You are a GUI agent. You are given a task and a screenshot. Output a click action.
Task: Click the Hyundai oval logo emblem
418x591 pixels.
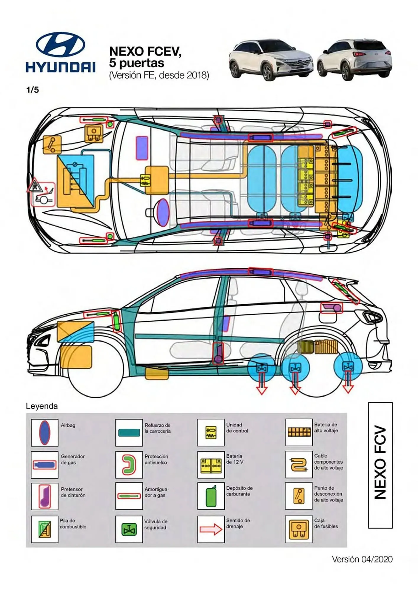coord(60,45)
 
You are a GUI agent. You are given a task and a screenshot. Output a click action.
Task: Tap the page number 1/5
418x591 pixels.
coord(33,90)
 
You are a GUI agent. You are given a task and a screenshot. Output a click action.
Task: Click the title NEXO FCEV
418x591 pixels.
coord(145,51)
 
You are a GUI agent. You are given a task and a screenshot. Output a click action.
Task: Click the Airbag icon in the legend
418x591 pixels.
coord(45,433)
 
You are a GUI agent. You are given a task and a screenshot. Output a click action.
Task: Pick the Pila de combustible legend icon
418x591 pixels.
coord(45,529)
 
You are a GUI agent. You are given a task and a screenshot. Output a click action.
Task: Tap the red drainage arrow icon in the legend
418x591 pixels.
coord(211,529)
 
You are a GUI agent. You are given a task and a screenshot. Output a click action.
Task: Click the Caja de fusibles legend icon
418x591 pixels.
coord(299,529)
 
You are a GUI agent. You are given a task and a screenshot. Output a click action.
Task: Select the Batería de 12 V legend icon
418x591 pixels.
coord(211,465)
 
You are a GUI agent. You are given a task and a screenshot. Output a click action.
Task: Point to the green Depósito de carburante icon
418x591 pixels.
coord(211,496)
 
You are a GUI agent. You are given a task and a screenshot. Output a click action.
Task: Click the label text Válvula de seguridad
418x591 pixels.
coord(155,525)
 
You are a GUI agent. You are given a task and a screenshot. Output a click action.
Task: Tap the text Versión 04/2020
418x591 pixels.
coord(362,559)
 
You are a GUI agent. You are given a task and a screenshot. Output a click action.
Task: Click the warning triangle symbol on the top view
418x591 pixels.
coord(35,186)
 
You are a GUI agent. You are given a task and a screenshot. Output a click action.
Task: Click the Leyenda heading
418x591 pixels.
coord(42,406)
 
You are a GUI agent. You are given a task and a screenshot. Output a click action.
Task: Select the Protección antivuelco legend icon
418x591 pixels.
coord(129,465)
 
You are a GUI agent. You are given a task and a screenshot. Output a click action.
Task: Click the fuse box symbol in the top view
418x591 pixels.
coord(94,133)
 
